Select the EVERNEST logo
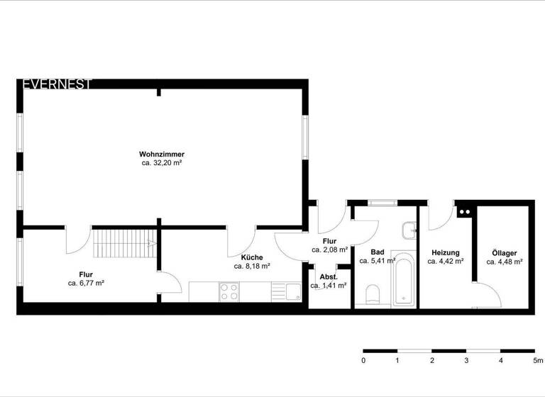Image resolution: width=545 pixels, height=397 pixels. point(57,84)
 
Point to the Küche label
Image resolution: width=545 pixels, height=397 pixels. point(252,257)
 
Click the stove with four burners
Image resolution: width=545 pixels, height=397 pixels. point(229,291)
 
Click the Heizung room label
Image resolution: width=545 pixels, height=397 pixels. point(446,252)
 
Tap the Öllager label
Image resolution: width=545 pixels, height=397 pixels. point(505,252)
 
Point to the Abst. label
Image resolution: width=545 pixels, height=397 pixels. point(328,276)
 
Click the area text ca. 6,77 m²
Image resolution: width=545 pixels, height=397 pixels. point(87,283)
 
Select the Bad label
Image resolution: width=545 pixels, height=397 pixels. point(378,252)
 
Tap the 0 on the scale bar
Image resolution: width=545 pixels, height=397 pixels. point(363,361)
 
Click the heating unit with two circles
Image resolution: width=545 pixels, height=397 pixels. point(465,211)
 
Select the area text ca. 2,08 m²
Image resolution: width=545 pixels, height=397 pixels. point(329,250)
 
